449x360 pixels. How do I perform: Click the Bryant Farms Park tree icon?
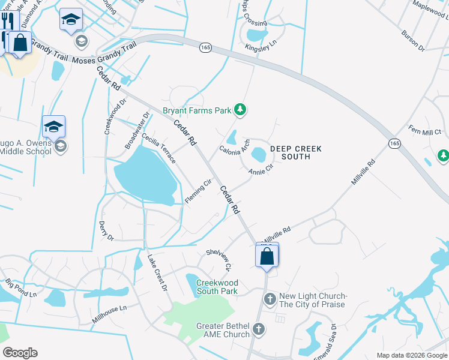[240, 110]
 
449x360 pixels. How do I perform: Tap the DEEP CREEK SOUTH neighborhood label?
[295, 152]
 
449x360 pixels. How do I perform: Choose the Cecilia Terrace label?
[159, 149]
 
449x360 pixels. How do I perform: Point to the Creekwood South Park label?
[217, 287]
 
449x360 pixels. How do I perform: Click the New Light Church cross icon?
[270, 298]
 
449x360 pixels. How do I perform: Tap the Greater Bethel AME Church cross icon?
[259, 328]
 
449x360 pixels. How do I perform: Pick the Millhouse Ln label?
[109, 314]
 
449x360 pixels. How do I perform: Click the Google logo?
[20, 353]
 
